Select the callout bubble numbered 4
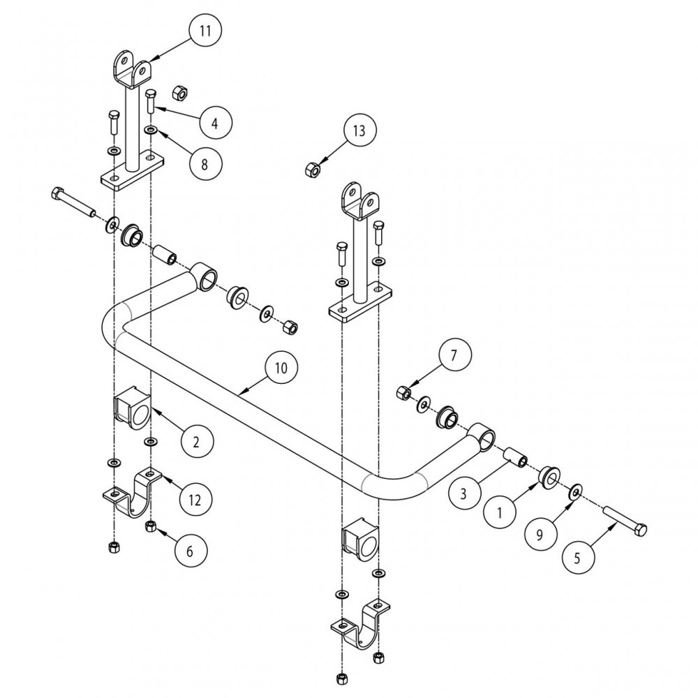[x=215, y=123]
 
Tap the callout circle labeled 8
[x=205, y=163]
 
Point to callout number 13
[x=359, y=131]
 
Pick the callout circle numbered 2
[x=196, y=440]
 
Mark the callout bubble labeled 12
[x=195, y=499]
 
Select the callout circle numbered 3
[x=461, y=493]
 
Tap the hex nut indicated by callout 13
[x=312, y=169]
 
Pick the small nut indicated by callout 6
[x=150, y=526]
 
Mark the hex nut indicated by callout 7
[x=403, y=393]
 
